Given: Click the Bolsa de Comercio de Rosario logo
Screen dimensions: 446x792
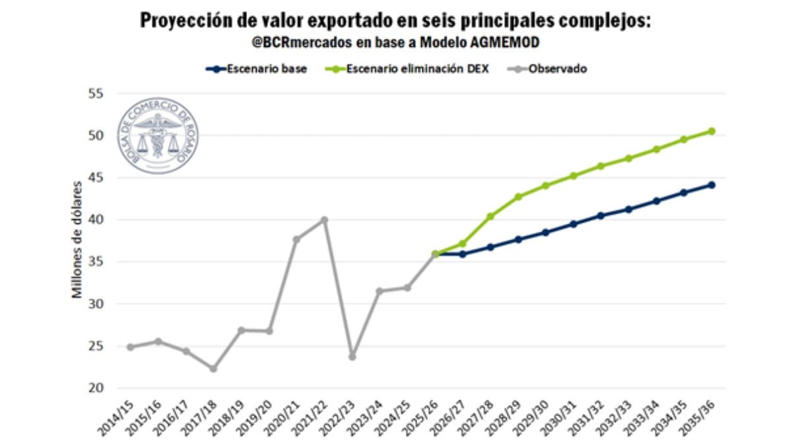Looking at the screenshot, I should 157,136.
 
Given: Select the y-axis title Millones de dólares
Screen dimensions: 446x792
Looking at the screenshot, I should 78,241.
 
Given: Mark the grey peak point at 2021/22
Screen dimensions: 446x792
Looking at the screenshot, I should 324,219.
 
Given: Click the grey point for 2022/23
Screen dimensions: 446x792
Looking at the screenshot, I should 352,357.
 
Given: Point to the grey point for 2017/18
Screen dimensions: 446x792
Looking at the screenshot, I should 213,368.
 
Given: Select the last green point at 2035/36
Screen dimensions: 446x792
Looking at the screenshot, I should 711,131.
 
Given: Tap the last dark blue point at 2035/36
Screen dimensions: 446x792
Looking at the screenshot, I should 711,185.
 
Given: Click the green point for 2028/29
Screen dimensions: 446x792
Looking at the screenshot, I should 518,197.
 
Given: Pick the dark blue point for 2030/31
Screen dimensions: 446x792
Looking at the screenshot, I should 574,224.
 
